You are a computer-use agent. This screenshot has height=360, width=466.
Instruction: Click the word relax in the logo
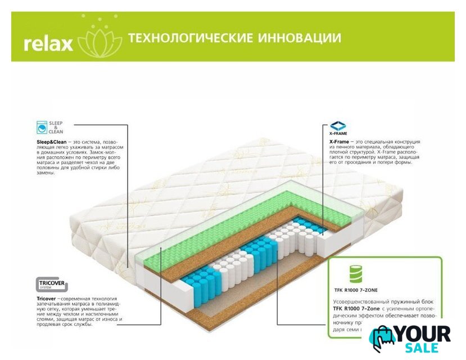coord(48,43)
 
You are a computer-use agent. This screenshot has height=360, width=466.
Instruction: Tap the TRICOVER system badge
coord(52,285)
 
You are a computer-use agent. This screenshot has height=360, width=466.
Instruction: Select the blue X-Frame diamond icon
coord(338,125)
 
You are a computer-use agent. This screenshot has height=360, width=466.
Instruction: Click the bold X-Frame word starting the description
coord(340,142)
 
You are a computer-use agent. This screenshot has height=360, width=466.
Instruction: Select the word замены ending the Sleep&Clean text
coord(47,173)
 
